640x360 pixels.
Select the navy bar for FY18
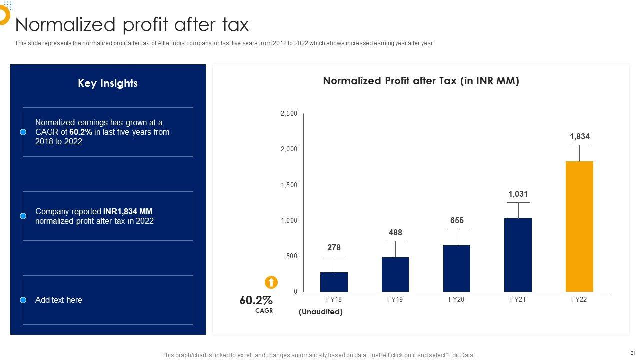point(334,282)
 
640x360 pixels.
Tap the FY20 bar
point(456,268)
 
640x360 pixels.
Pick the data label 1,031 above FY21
point(518,194)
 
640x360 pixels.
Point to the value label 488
point(395,233)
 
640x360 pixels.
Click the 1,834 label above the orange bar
point(580,137)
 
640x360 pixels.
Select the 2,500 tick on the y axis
point(289,114)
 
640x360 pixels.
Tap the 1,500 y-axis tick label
point(289,185)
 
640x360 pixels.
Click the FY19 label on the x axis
point(395,300)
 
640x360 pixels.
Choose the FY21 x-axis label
point(518,300)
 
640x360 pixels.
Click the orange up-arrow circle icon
point(271,282)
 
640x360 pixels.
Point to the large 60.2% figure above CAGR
point(256,300)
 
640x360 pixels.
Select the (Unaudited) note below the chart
point(321,312)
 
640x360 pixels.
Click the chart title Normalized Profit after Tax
point(421,81)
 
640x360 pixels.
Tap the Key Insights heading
point(108,83)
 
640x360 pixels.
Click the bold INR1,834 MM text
point(128,212)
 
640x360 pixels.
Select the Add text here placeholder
point(59,300)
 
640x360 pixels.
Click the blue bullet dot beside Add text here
point(23,300)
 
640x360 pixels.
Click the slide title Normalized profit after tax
point(132,24)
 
